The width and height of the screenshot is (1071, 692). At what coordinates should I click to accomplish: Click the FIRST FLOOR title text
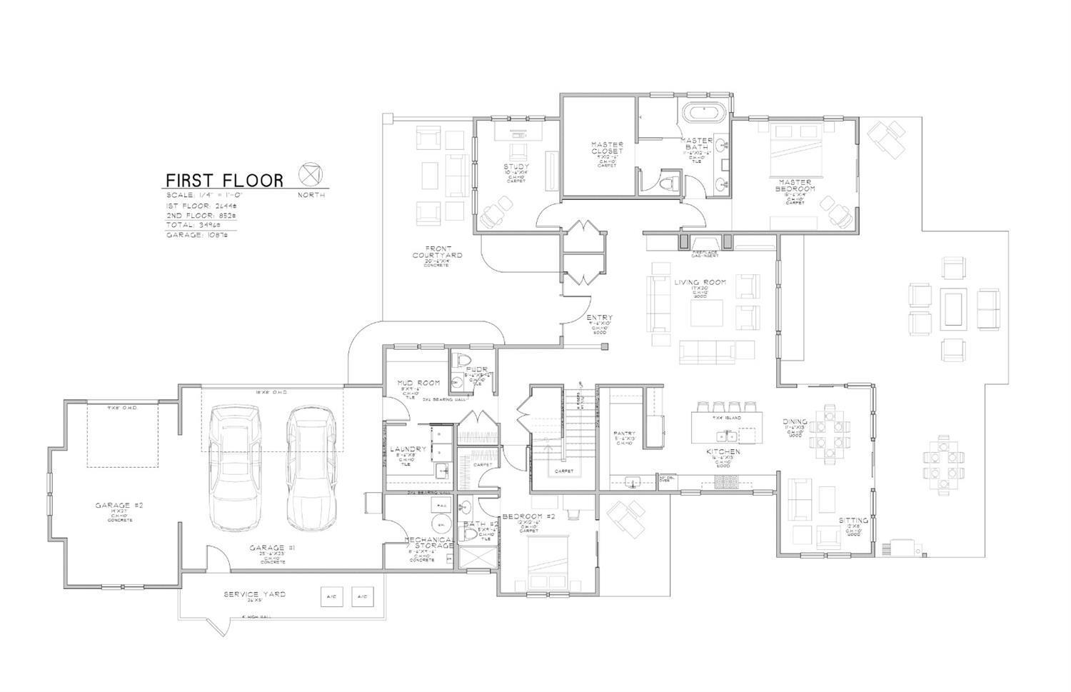tap(224, 180)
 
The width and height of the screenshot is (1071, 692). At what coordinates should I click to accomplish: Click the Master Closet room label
tap(607, 148)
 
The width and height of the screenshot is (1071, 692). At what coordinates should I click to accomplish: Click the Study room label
tap(516, 167)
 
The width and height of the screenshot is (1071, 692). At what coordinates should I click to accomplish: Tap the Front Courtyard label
tap(437, 251)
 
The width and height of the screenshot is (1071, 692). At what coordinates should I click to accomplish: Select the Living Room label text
tap(700, 283)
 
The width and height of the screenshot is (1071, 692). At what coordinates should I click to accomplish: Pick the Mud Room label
tap(419, 383)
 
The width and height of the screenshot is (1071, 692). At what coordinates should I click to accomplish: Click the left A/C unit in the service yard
tap(331, 596)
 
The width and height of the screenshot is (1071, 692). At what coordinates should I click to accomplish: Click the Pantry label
tap(624, 433)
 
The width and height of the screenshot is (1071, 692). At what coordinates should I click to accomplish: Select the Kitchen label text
tap(723, 452)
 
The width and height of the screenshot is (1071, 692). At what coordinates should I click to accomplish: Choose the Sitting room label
tap(853, 521)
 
